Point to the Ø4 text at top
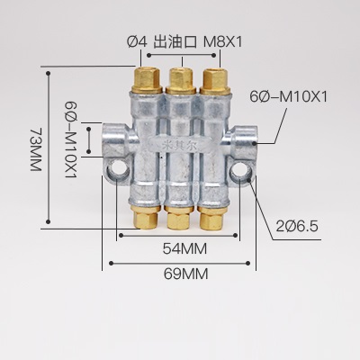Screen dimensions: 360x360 (x=137, y=40)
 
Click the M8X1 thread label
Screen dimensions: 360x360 (x=223, y=40)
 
